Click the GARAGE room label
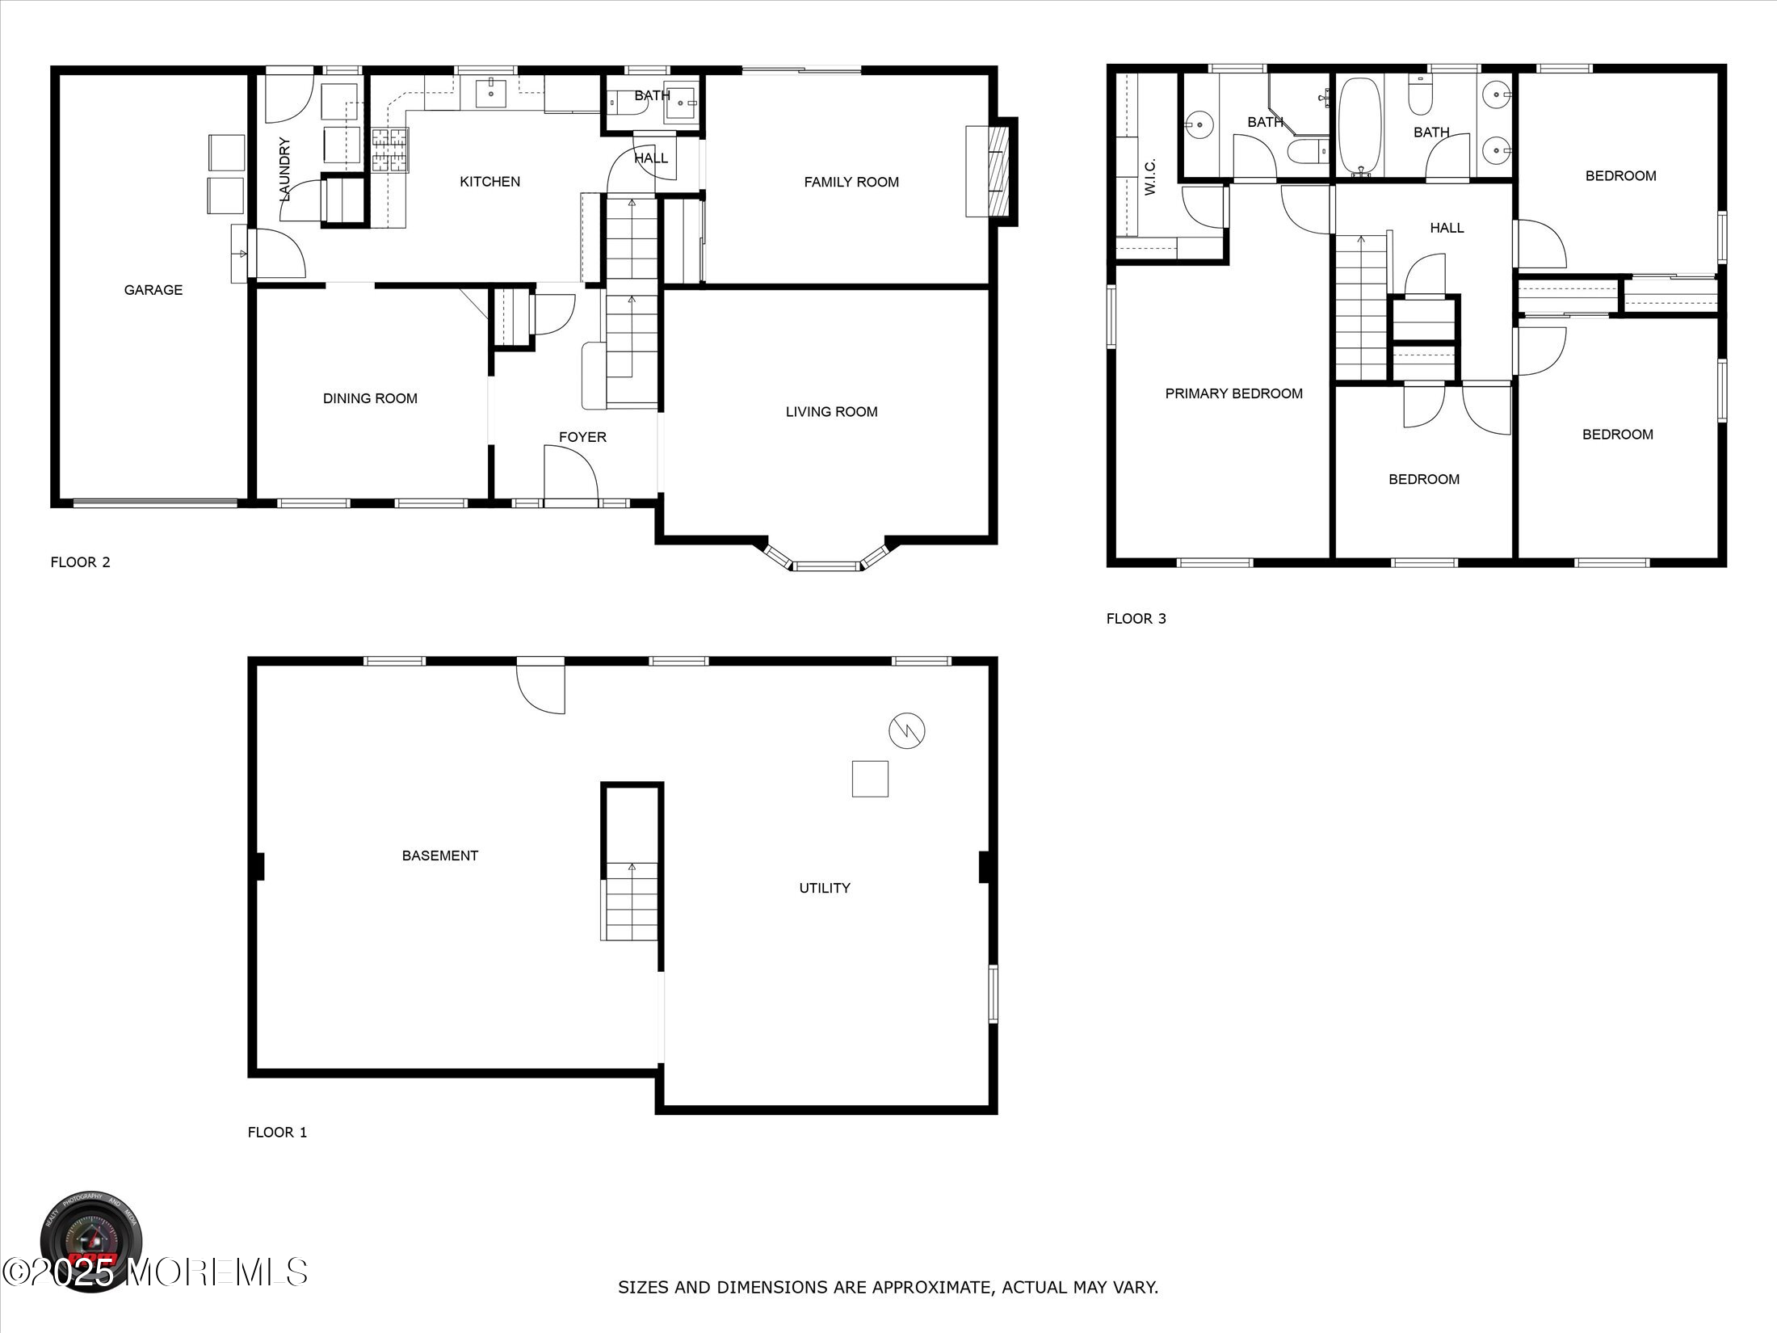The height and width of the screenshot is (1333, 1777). point(153,290)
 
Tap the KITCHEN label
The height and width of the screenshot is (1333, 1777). point(489,182)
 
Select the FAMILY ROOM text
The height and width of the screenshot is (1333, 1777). point(851,183)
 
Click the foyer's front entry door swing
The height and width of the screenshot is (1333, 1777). point(569,477)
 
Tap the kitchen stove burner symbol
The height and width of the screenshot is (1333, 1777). point(390,151)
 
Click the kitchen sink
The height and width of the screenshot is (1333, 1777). point(490,94)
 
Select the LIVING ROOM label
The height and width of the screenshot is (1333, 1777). point(831,412)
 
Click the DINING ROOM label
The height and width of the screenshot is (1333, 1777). point(370,398)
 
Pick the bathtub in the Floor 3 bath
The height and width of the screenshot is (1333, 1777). point(1360,127)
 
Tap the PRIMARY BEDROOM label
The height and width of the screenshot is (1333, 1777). point(1233,394)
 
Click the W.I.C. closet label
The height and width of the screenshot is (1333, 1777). point(1150,176)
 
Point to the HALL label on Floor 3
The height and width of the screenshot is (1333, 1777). point(1447,228)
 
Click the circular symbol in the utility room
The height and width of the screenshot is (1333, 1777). point(906,731)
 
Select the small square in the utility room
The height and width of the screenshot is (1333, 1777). point(870,779)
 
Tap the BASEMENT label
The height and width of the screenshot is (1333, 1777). point(440,856)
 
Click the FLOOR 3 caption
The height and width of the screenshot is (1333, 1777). point(1136,619)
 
